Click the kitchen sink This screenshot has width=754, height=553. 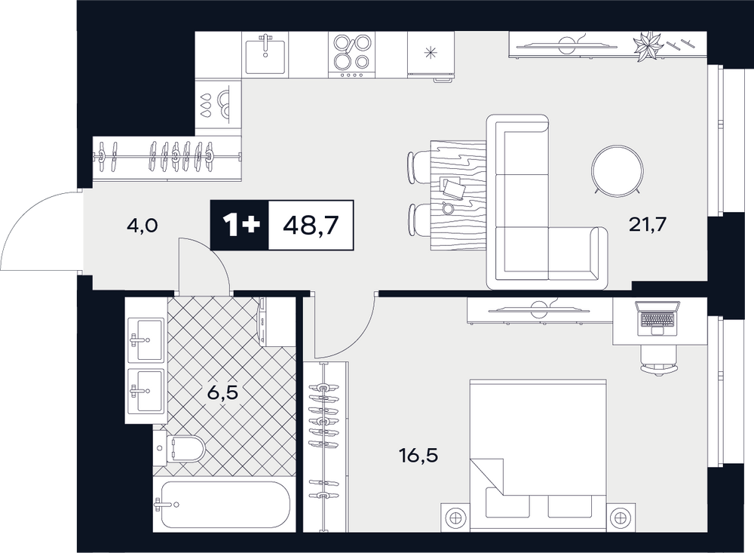(x=265, y=54)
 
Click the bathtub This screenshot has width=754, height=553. (x=222, y=505)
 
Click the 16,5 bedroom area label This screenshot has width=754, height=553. (x=418, y=455)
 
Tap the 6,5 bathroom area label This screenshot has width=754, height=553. (x=222, y=393)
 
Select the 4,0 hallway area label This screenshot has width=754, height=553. (x=142, y=226)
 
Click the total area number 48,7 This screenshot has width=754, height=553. (x=311, y=226)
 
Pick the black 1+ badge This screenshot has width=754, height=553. (x=240, y=226)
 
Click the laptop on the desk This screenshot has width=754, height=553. (x=657, y=318)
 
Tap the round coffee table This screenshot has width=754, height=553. (x=618, y=171)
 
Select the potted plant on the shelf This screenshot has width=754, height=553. (x=648, y=46)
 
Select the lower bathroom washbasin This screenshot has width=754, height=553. (x=146, y=390)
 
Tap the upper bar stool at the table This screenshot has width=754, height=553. (x=418, y=167)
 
